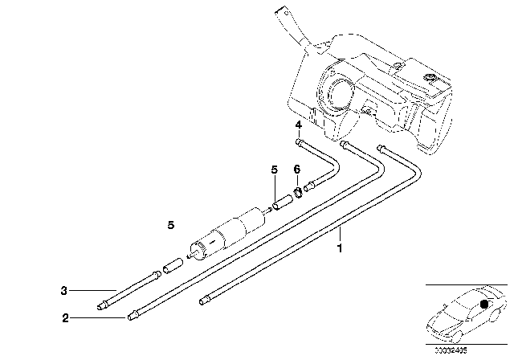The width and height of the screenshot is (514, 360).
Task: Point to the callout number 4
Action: click(x=297, y=127)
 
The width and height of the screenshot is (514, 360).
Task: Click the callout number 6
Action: click(x=296, y=170)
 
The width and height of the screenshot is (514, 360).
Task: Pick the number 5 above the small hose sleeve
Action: click(x=274, y=170)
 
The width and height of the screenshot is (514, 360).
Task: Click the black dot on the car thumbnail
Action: click(x=483, y=303)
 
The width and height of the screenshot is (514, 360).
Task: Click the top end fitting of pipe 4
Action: click(x=300, y=141)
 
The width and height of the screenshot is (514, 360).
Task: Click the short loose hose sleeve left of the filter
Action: click(x=169, y=265)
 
